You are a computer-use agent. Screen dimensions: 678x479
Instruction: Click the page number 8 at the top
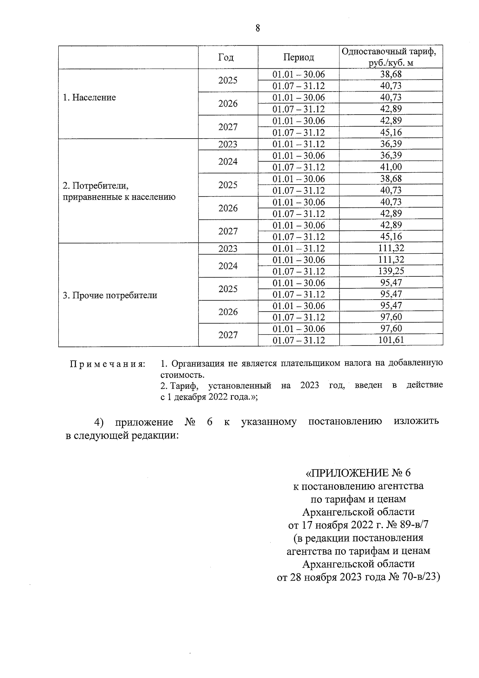[x=257, y=28]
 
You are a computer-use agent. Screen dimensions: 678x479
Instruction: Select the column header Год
[x=226, y=57]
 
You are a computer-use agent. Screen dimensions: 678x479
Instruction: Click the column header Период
[x=299, y=57]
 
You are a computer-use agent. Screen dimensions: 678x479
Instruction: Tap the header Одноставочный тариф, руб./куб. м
[x=391, y=57]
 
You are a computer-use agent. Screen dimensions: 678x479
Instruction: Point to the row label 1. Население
[x=89, y=97]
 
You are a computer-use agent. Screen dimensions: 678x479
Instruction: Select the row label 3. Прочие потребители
[x=110, y=295]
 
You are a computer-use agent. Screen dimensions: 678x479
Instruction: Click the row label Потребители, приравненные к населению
[x=119, y=191]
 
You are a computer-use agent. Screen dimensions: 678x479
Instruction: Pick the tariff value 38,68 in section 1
[x=391, y=74]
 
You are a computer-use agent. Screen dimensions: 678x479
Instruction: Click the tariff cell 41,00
[x=391, y=167]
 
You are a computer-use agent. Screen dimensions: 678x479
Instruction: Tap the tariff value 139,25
[x=391, y=271]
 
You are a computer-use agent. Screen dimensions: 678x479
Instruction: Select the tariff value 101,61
[x=391, y=340]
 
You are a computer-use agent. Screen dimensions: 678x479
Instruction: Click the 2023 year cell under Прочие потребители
[x=228, y=249]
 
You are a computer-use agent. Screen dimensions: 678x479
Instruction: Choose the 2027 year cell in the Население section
[x=228, y=127]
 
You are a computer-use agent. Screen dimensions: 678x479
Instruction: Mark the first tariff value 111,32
[x=391, y=248]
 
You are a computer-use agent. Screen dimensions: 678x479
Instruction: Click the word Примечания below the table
[x=107, y=364]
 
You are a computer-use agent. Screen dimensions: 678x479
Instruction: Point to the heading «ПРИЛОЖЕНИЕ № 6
[x=358, y=473]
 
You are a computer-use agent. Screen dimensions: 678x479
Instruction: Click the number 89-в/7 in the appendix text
[x=411, y=525]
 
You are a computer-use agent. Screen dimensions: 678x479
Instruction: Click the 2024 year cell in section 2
[x=228, y=161]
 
